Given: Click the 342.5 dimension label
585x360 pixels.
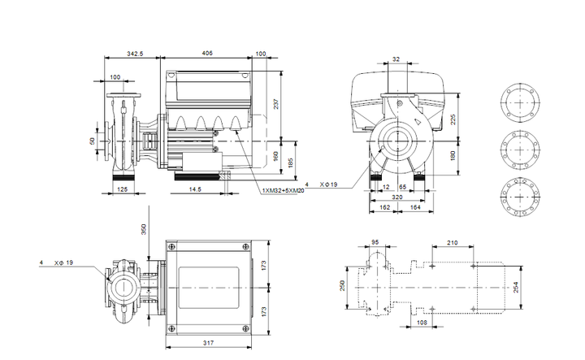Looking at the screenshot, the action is pos(135,54).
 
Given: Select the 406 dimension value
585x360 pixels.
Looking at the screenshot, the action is pos(207,54).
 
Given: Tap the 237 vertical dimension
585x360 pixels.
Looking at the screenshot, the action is pos(275,104).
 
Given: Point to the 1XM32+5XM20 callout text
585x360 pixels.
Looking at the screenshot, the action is pos(284,191).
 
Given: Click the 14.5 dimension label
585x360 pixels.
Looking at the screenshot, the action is pos(195,189).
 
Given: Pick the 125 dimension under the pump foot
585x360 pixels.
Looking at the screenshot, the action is pos(123,189).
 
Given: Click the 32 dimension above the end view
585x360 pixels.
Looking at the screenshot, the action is pos(396,59).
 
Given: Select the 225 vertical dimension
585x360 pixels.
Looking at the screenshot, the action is pos(453,119).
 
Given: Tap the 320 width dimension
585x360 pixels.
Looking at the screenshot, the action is pos(397,197).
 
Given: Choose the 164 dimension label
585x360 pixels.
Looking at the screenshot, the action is pos(415,207).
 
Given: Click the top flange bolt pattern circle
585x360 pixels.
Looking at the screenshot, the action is pos(520,102).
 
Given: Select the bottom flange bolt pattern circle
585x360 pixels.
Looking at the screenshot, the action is pos(520,197).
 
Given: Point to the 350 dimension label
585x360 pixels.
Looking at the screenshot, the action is pos(144,229).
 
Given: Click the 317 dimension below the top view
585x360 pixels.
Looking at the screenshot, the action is pos(208,342).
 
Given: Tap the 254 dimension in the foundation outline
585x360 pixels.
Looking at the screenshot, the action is pos(516,287).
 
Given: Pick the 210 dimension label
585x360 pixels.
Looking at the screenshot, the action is pos(453,243).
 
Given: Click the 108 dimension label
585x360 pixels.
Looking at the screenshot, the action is pos(422,323).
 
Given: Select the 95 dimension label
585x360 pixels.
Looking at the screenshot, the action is pos(375,242).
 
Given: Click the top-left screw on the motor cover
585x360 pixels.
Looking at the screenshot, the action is pos(171,246).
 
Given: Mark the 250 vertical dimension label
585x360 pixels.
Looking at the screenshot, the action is pos(343,286).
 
